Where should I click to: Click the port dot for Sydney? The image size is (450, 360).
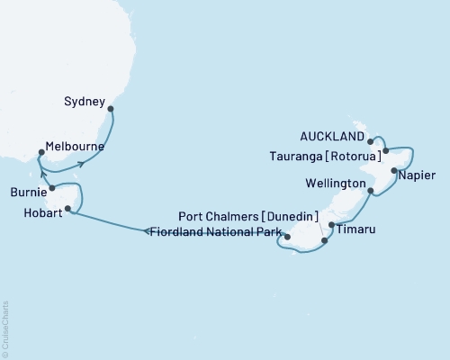coord(111,109)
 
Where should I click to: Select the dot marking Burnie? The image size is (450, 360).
coord(52,188)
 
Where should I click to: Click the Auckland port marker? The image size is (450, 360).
coord(371,141)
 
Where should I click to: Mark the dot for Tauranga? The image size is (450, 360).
coord(385,151)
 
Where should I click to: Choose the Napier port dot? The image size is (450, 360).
coord(394,169)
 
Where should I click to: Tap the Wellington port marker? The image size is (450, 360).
coord(371,189)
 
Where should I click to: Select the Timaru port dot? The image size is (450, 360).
coord(331,224)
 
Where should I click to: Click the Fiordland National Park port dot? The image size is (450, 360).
coord(287,237)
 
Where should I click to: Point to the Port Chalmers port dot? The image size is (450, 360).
coord(324,240)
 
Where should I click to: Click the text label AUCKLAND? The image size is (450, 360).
coord(334,137)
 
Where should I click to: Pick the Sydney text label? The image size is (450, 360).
coord(86,101)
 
